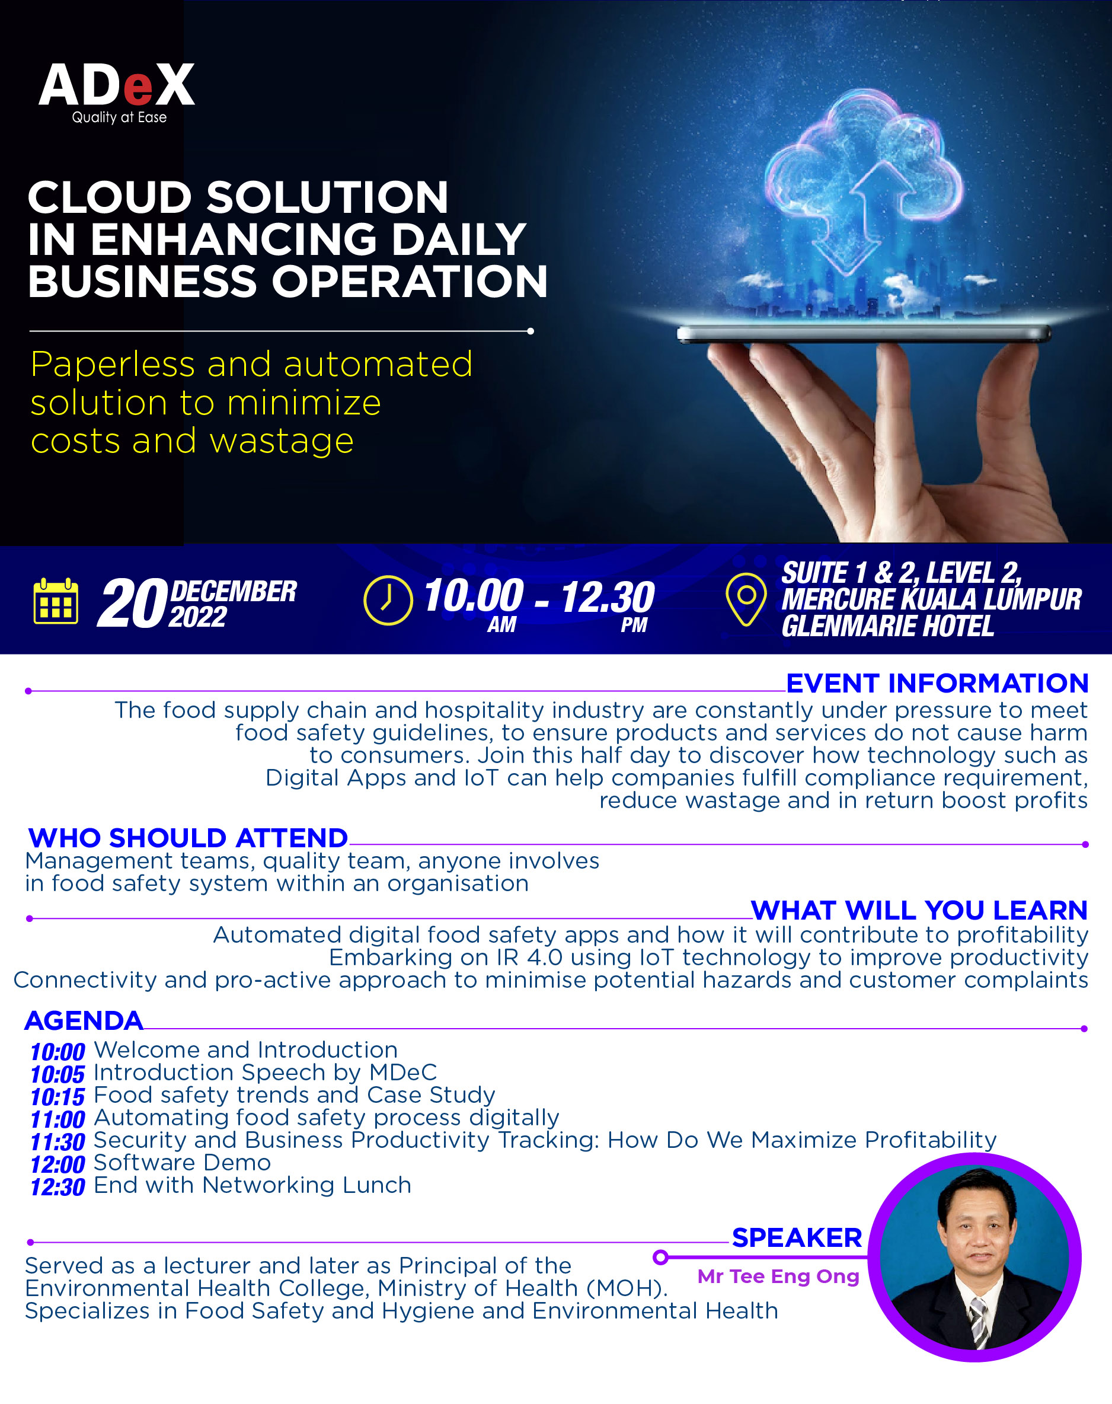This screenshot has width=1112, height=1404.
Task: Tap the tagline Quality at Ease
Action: (119, 117)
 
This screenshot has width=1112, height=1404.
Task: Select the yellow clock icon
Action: (388, 600)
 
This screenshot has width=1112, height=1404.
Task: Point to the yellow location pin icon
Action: (746, 599)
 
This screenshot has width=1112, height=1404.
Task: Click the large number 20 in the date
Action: (132, 604)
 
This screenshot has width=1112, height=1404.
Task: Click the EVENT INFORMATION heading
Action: (937, 683)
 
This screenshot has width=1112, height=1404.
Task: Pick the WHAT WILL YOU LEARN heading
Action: (919, 910)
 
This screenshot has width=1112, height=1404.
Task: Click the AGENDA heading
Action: (84, 1020)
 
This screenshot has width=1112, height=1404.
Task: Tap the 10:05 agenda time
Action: (58, 1074)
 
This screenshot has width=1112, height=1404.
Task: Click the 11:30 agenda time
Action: (58, 1141)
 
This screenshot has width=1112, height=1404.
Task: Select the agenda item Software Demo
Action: (183, 1163)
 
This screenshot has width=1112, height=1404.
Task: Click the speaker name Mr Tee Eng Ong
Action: (778, 1277)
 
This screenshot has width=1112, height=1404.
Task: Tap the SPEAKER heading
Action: (797, 1237)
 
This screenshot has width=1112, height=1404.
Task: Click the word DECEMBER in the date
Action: (233, 591)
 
